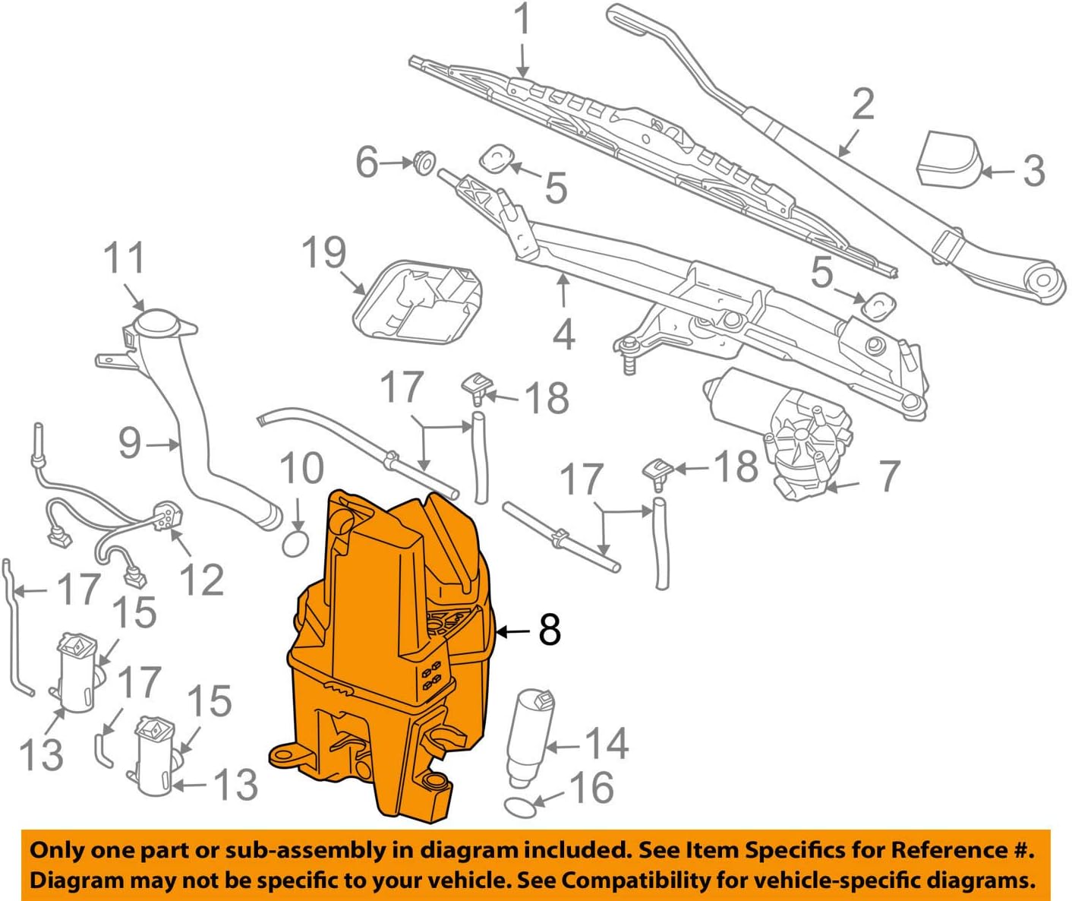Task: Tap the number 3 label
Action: [x=1033, y=171]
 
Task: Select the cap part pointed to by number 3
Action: [x=948, y=158]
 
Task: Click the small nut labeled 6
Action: [x=424, y=162]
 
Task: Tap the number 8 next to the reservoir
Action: [x=550, y=630]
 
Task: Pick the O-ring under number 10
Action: [x=295, y=542]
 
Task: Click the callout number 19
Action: [x=324, y=253]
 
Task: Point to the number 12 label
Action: [x=201, y=580]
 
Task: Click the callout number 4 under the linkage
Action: [x=563, y=334]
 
